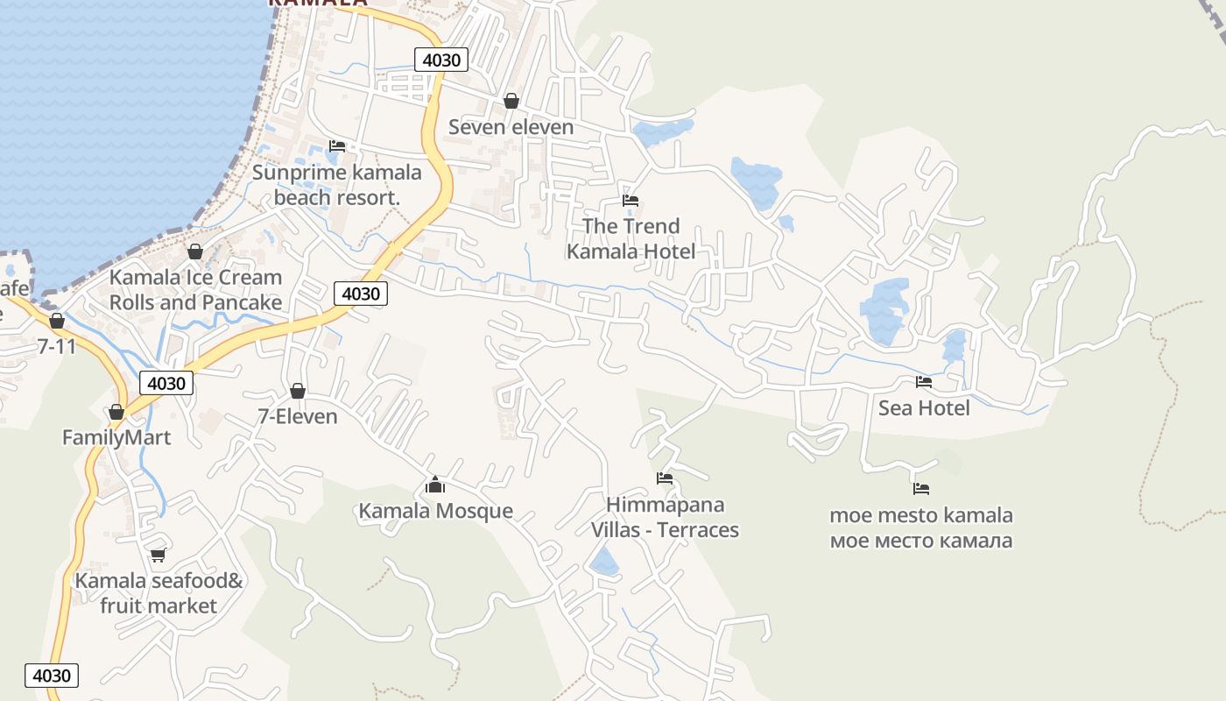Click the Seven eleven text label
coord(511,127)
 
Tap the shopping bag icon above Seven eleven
coord(511,102)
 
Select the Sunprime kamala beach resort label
coord(336,185)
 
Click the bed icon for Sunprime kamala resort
coord(337,146)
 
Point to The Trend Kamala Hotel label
coord(631,238)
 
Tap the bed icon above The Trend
coord(631,201)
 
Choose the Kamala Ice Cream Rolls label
coord(195,290)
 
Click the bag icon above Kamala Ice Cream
coord(195,252)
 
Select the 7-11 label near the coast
coord(57,346)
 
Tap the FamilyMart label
coord(116,437)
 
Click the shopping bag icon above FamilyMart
coord(116,412)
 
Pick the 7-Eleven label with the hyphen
coord(298,416)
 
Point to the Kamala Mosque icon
coord(435,485)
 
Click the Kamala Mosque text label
coord(435,511)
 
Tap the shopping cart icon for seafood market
coord(158,555)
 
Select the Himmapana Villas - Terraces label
coord(665,517)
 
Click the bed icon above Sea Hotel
coord(924,382)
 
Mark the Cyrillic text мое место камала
coord(921,540)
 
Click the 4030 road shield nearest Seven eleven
coord(440,60)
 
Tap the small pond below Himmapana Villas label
coord(604,562)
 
